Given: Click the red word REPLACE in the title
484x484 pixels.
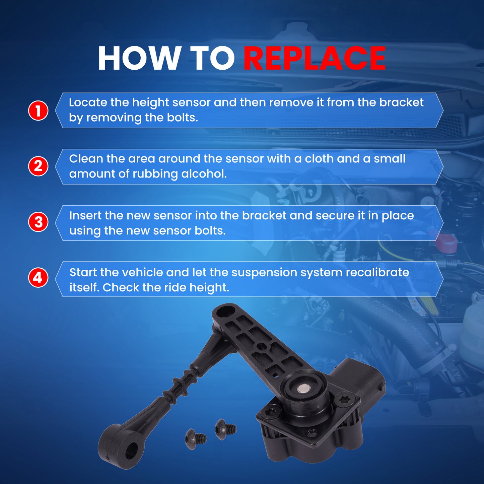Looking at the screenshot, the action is tap(315, 58).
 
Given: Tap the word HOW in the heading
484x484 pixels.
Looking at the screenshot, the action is tap(138, 58).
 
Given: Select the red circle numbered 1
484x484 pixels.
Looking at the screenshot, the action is tap(38, 111).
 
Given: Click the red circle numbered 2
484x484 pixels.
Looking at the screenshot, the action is tap(38, 166).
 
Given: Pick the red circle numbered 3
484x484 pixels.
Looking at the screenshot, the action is tap(38, 222).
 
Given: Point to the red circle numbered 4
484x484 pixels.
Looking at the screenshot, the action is tap(38, 278).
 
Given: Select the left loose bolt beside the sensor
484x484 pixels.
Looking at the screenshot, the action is tap(196, 439).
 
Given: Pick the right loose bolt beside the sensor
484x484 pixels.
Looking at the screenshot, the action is tap(225, 429).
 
